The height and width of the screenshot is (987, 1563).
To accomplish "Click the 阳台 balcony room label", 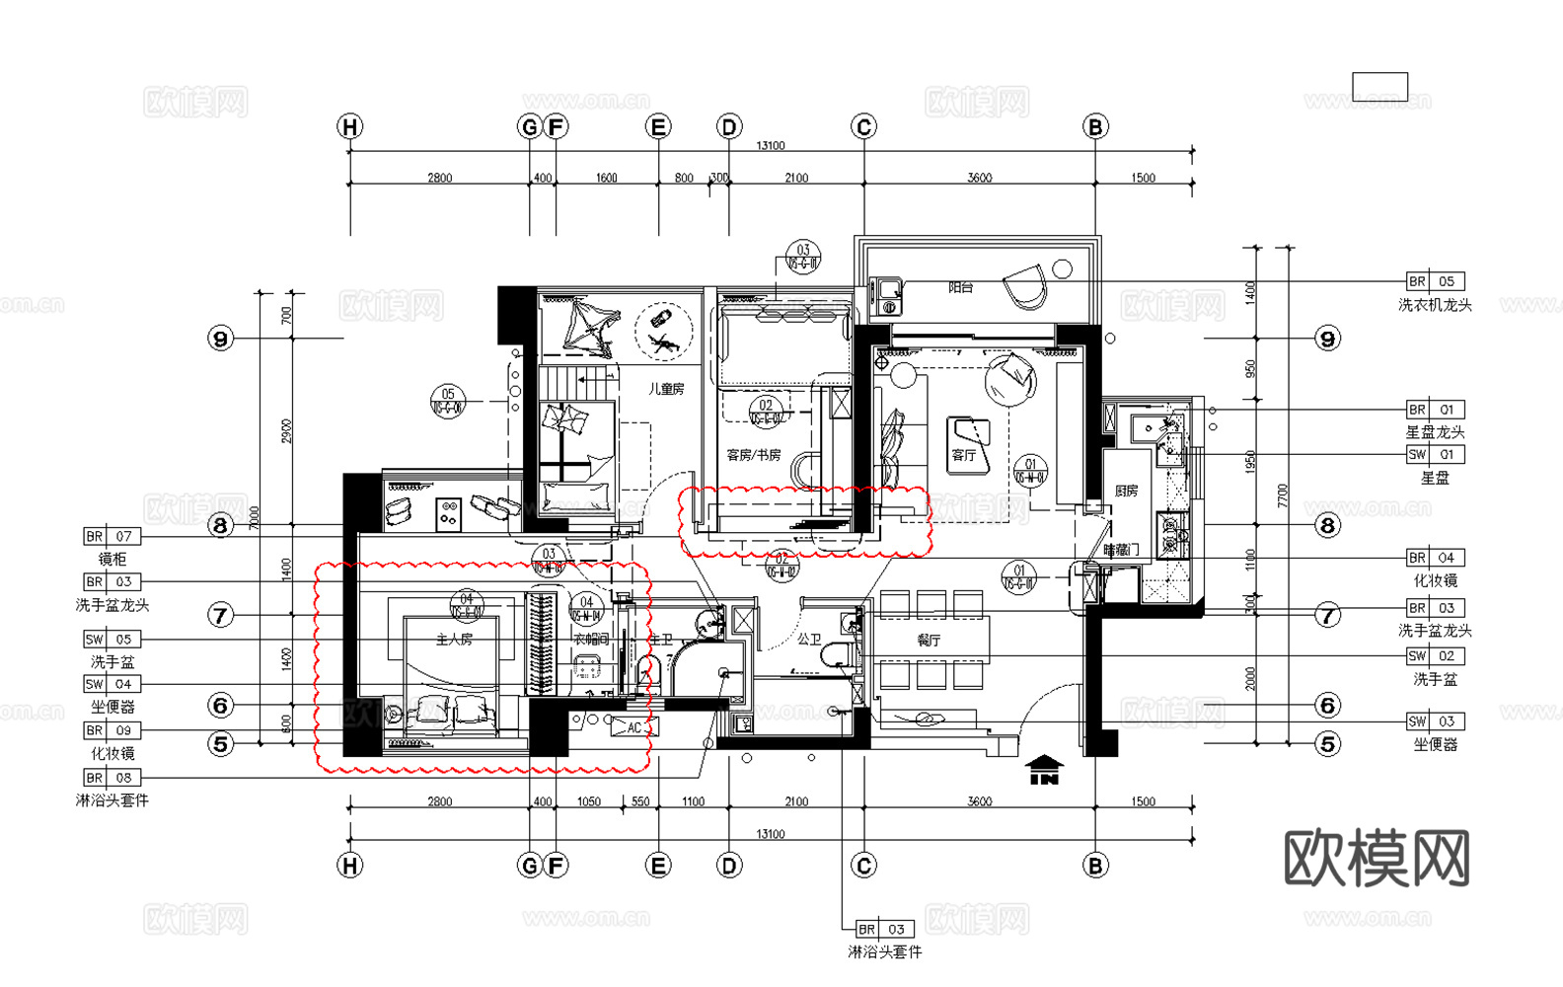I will point(960,287).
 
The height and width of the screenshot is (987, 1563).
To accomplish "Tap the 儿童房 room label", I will point(666,389).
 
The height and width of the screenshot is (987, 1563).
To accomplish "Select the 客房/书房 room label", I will point(753,455).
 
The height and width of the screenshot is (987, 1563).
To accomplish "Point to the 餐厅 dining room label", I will point(929,641).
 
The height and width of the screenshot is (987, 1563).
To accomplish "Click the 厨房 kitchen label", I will point(1126,491).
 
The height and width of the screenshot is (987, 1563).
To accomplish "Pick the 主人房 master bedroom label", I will point(454,640).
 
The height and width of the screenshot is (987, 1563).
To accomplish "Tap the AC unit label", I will point(633,728).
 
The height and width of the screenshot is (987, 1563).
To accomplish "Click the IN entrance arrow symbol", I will point(1044,770).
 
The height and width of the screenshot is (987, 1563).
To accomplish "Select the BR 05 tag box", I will point(1435,281).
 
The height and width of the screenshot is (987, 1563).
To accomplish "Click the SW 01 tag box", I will point(1435,455).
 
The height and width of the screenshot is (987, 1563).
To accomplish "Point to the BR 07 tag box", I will point(112,536).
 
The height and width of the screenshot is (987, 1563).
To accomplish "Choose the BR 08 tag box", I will point(112,778).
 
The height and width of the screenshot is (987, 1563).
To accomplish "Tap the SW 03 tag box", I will point(1435,721).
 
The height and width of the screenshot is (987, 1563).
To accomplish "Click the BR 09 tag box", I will point(112,730).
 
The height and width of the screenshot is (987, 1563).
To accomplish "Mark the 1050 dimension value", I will point(588,801).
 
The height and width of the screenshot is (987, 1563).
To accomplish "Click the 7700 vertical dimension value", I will point(1282,495).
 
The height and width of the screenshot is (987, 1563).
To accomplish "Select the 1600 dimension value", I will point(606,178).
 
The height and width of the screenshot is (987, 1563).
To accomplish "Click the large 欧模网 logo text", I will point(1377,859).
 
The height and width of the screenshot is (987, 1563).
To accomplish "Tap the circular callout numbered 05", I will point(448,401).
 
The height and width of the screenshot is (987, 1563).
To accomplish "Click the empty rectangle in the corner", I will point(1379,87).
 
